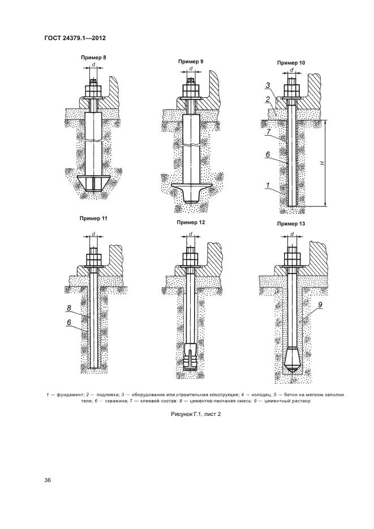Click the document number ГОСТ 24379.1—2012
click(75, 38)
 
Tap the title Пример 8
click(93, 57)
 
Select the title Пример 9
click(191, 62)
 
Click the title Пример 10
click(291, 63)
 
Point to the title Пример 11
click(93, 218)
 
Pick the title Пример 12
click(191, 222)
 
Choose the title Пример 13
click(291, 224)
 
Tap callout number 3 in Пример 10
click(268, 85)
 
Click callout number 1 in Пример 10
click(268, 185)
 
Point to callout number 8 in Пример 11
click(69, 307)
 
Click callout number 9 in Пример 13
click(320, 305)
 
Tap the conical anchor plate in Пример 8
click(93, 184)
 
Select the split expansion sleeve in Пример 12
click(191, 358)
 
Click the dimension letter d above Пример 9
click(191, 68)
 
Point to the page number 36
click(48, 480)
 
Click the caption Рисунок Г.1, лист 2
click(196, 414)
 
